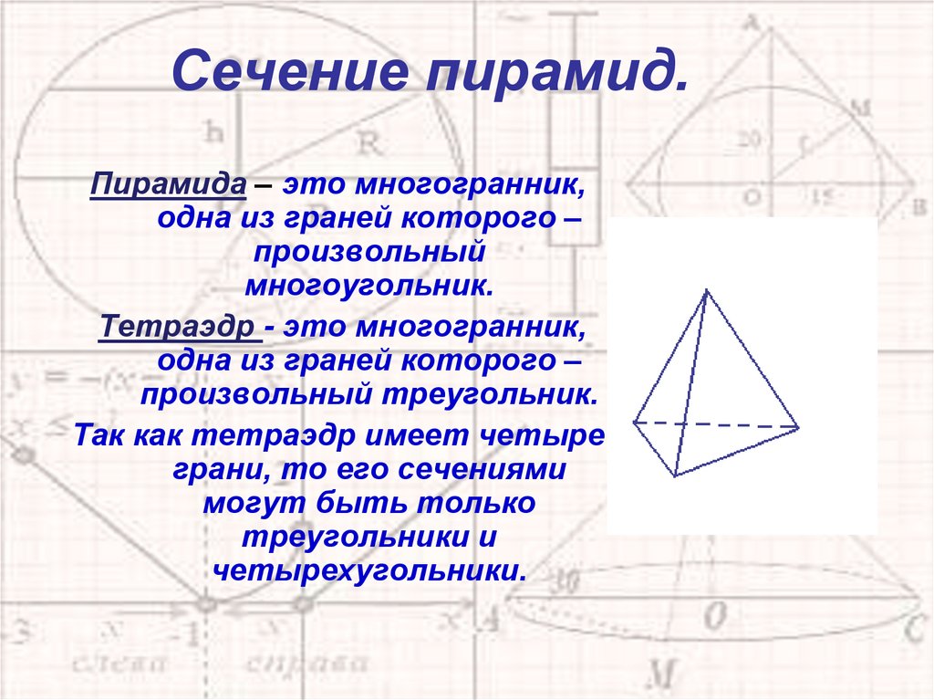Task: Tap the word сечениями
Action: tap(485, 471)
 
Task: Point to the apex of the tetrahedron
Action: tap(706, 290)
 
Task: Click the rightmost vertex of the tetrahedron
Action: tap(799, 426)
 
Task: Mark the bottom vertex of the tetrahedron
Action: tap(675, 475)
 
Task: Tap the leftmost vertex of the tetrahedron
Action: tap(634, 423)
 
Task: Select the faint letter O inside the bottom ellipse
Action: tap(716, 617)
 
